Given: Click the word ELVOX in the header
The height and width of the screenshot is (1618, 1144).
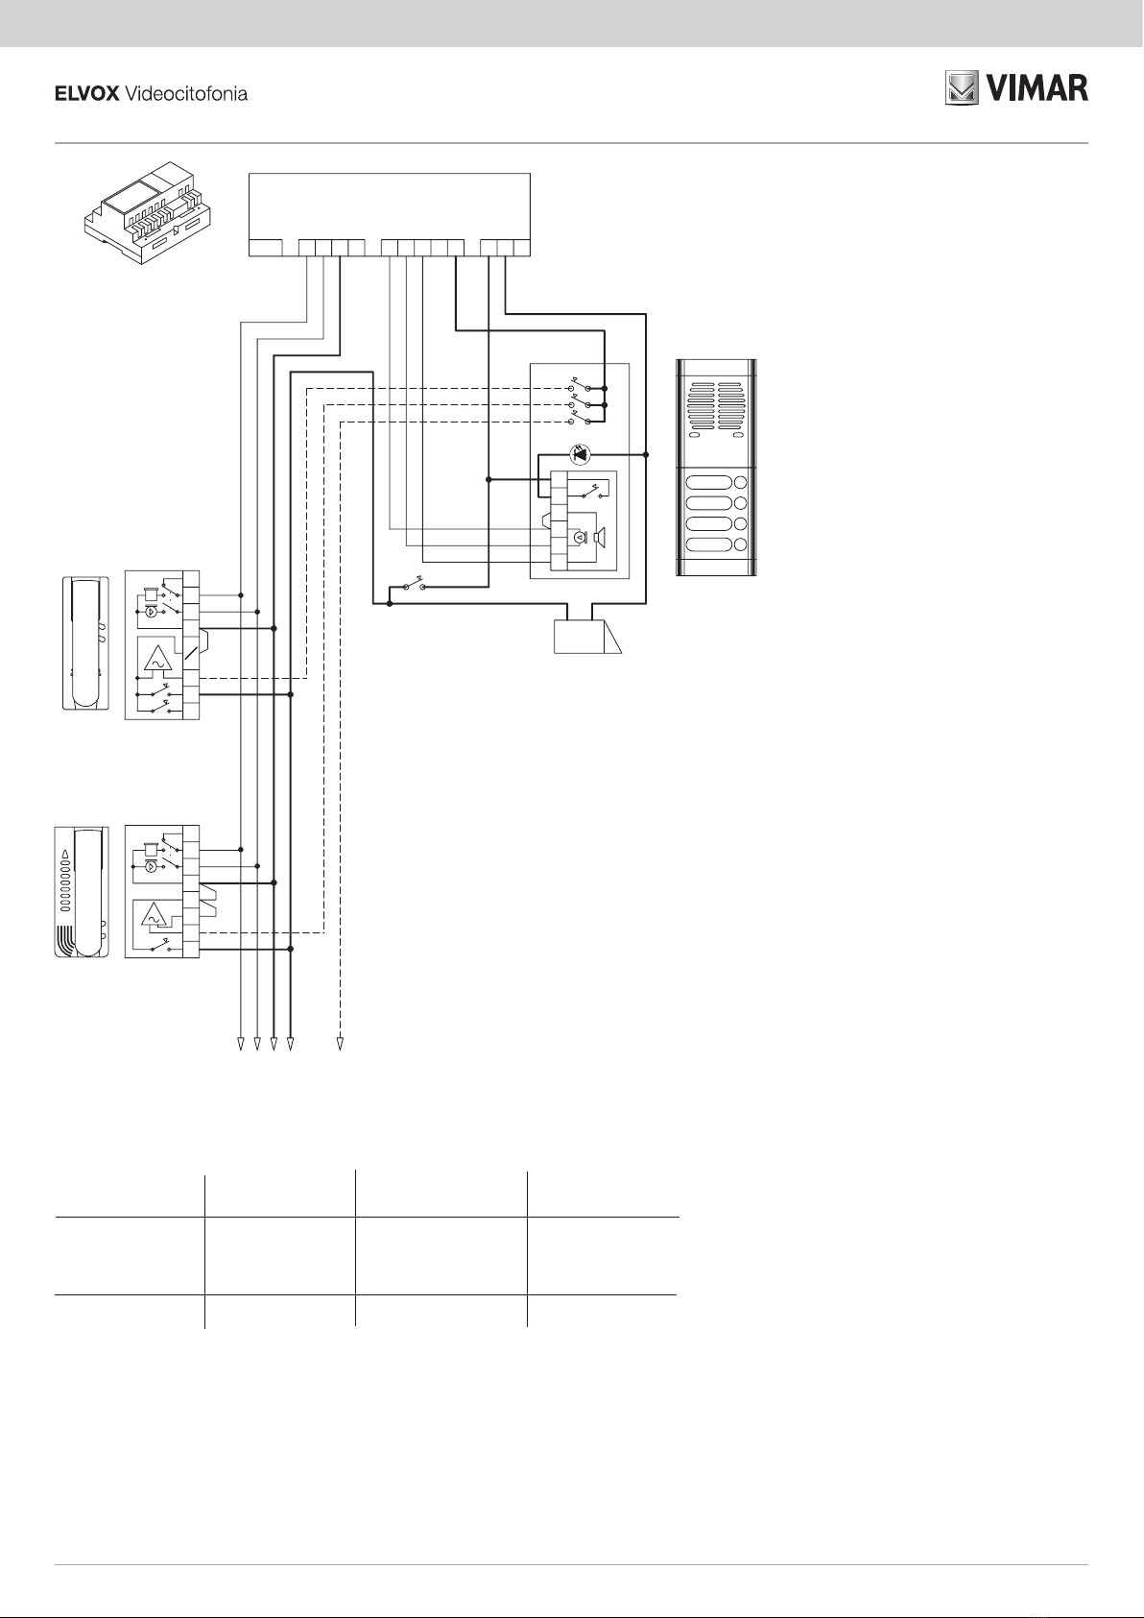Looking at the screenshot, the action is click(x=87, y=94).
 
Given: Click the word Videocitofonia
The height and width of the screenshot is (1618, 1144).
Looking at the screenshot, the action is click(x=187, y=94).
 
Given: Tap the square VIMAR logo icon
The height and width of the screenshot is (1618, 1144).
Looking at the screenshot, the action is click(x=962, y=88).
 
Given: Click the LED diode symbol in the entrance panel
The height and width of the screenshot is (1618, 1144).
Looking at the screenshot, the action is click(x=580, y=454).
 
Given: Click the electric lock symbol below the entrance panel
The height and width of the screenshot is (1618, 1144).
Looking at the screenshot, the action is click(x=587, y=637).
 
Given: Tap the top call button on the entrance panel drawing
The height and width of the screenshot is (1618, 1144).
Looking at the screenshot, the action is click(x=709, y=482).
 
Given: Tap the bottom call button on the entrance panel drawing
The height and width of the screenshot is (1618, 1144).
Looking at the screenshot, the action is click(x=709, y=544).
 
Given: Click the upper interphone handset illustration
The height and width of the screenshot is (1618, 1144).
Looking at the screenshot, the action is click(x=85, y=642).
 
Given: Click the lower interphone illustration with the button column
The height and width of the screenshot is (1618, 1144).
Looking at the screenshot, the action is click(x=82, y=892).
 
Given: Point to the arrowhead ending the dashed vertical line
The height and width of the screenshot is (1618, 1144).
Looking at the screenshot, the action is click(x=340, y=1044).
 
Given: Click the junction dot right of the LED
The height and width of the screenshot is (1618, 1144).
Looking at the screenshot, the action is click(x=646, y=454).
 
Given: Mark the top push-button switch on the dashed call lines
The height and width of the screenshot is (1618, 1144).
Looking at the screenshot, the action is click(x=580, y=386).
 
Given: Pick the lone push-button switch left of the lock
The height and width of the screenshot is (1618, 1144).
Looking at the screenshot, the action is click(x=414, y=585).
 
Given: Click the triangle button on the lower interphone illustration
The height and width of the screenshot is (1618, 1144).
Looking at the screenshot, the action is click(x=65, y=854).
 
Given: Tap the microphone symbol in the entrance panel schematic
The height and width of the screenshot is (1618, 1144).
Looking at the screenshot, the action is click(x=578, y=538).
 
